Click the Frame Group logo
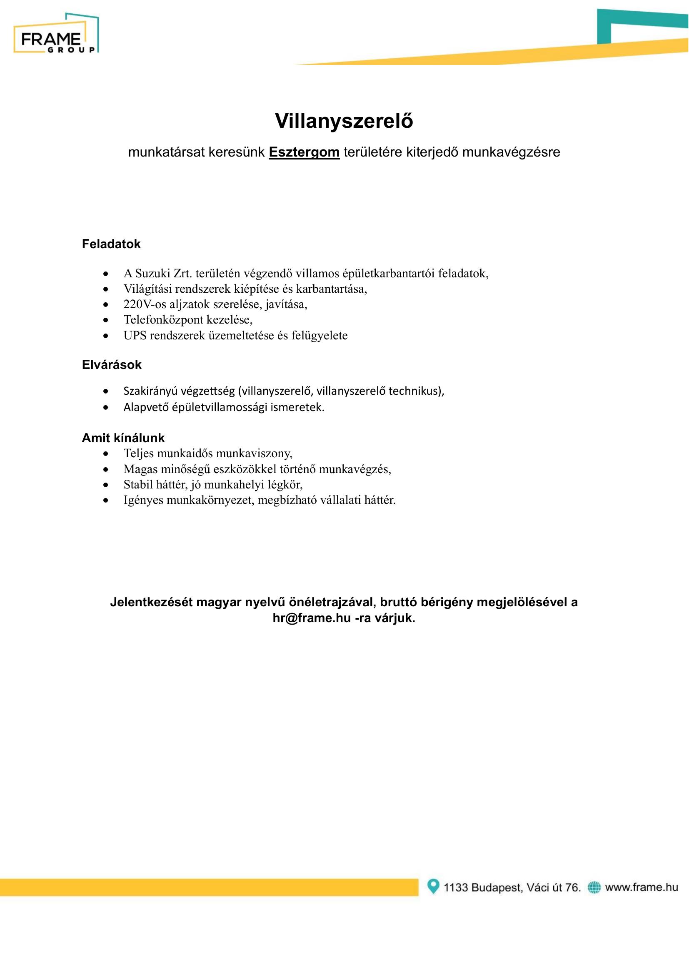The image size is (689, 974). (x=56, y=34)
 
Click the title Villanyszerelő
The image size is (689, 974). (x=344, y=121)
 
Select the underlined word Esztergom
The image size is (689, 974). (x=304, y=152)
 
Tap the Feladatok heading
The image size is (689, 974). (x=111, y=244)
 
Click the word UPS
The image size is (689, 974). (x=135, y=335)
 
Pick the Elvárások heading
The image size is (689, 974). (x=112, y=364)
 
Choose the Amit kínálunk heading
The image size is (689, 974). (x=123, y=438)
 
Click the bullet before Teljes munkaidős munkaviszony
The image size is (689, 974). (x=106, y=454)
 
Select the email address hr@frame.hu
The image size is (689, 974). (x=312, y=618)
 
